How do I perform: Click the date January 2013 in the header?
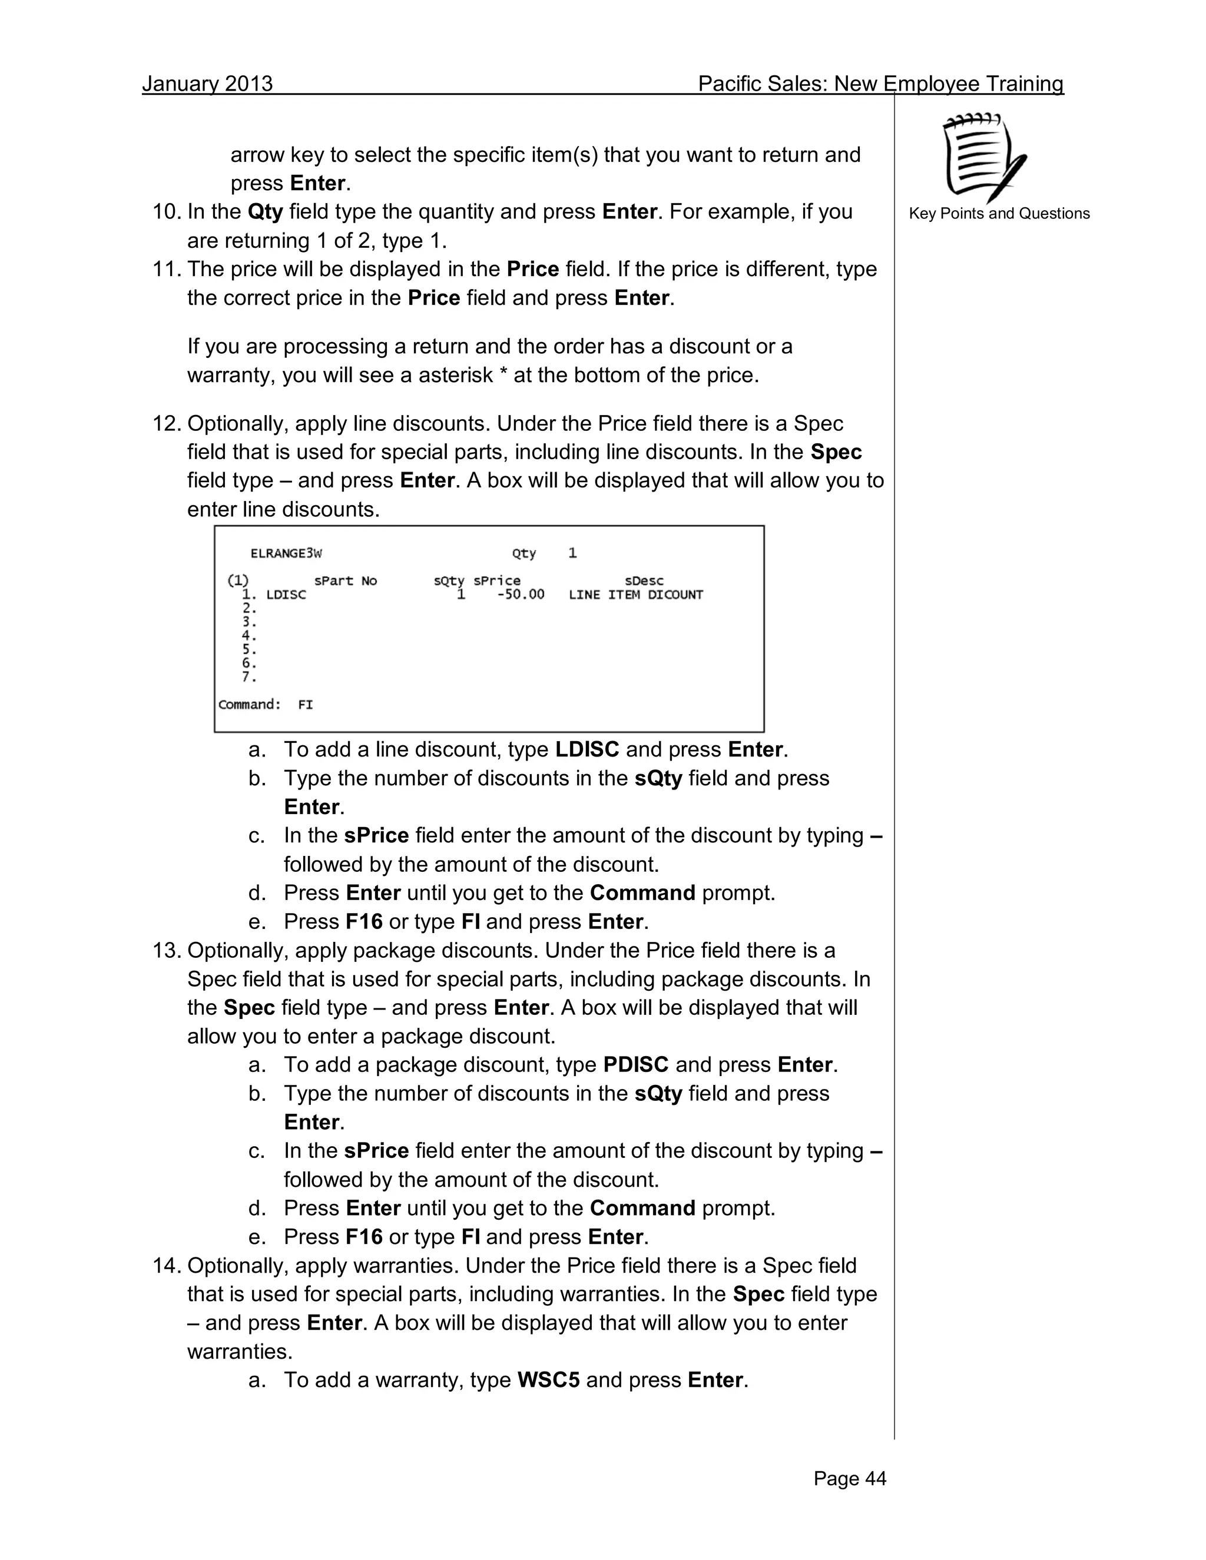(207, 84)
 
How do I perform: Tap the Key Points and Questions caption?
(999, 214)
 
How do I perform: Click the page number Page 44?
(850, 1479)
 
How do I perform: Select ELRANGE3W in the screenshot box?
(286, 553)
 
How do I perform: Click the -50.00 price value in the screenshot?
(520, 595)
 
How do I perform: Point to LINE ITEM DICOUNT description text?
(635, 595)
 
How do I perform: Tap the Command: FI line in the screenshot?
(266, 705)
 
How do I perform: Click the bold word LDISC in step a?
(587, 750)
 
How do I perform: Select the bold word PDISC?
(635, 1065)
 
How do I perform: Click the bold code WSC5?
(548, 1380)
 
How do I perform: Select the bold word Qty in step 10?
(265, 212)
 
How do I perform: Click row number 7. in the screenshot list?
(249, 677)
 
